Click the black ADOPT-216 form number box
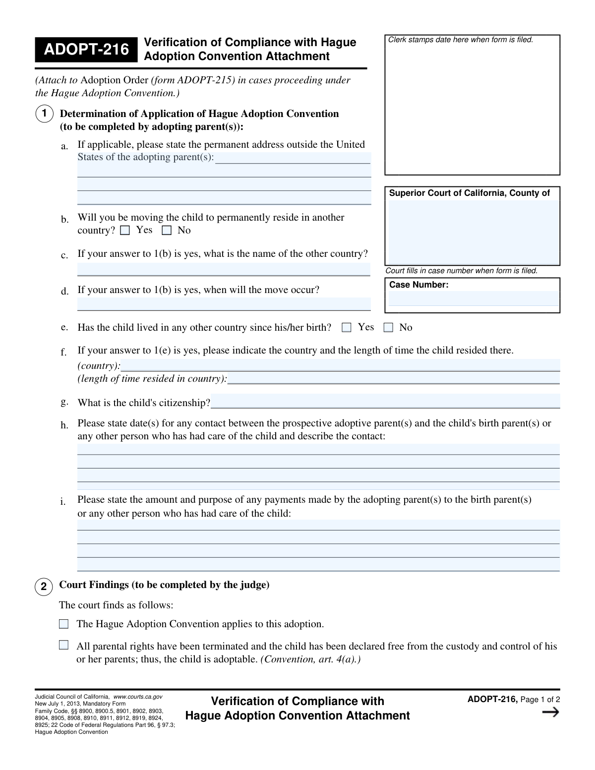(x=86, y=50)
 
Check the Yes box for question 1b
(x=125, y=231)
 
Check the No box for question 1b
(x=167, y=231)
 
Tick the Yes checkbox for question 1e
(x=347, y=328)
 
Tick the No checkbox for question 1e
(x=388, y=328)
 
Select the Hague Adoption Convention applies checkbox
(x=63, y=624)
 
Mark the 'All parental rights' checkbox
(x=63, y=646)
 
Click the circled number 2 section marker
(x=44, y=587)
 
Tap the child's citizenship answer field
(x=385, y=402)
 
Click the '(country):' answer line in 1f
(x=340, y=365)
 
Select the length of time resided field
(x=393, y=378)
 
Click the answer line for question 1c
(x=224, y=269)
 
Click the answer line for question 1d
(x=224, y=304)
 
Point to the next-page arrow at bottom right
(x=550, y=712)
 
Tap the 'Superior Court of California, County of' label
(x=469, y=193)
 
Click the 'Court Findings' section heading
(x=164, y=585)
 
